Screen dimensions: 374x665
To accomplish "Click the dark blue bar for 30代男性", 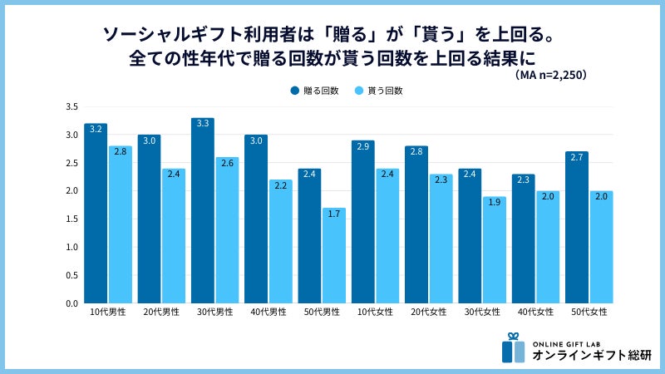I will point(202,211).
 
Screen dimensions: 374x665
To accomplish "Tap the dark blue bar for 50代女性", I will point(576,228).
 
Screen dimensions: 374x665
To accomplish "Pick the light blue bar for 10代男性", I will point(120,224).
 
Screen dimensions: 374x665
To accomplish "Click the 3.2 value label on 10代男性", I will point(96,129).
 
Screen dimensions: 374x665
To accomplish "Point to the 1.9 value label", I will point(494,202).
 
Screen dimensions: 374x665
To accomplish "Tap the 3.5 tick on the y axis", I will point(72,107).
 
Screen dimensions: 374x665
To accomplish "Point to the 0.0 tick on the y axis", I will point(72,303).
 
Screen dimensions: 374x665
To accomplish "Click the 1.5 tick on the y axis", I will point(72,219).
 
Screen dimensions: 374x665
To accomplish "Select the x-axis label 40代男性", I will point(268,312).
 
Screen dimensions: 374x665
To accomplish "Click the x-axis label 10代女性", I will point(375,312).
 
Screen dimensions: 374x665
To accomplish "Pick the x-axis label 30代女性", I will point(481,312).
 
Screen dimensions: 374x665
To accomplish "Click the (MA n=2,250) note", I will point(549,75).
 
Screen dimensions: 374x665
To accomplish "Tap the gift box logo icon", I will point(513,348).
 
